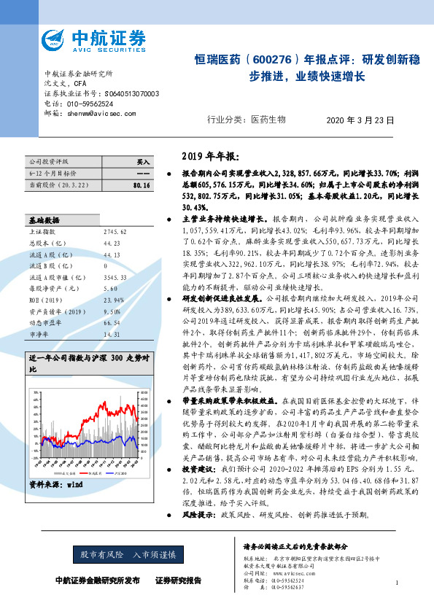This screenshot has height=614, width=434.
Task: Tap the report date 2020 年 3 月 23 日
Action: [360, 120]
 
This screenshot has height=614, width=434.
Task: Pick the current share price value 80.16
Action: [142, 186]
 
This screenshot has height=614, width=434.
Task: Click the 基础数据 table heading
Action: [44, 199]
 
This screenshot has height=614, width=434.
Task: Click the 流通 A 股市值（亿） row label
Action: [55, 257]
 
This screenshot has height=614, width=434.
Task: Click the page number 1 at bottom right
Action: [395, 583]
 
